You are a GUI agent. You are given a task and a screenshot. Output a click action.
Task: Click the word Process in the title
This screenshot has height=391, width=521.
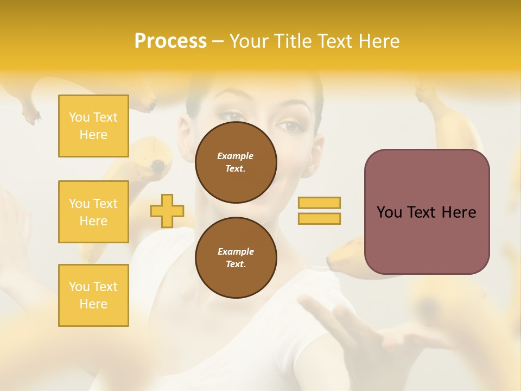point(170,41)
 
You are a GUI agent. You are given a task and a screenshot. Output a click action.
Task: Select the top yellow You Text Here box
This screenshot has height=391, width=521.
point(93,126)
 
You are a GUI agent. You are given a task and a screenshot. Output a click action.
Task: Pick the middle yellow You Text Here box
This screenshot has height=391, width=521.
point(93,212)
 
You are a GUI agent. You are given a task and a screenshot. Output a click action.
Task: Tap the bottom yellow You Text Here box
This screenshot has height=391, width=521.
point(93,295)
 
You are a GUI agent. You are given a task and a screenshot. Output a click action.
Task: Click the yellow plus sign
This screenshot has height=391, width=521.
point(167,211)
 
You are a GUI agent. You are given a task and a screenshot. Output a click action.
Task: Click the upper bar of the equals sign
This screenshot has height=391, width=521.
point(319,203)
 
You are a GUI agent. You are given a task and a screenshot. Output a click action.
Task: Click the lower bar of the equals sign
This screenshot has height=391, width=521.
point(319,218)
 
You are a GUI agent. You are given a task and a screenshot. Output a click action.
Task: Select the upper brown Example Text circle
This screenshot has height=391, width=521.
point(236,162)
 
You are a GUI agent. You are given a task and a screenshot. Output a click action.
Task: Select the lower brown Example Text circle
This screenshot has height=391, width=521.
point(236,257)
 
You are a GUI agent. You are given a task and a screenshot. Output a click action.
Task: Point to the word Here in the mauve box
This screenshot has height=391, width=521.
point(459,212)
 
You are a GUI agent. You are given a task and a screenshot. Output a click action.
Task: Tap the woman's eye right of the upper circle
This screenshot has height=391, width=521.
point(291,126)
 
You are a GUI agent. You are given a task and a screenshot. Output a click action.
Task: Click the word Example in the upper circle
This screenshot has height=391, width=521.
point(236,156)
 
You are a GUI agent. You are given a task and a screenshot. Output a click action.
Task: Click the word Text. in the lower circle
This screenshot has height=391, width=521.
point(236,264)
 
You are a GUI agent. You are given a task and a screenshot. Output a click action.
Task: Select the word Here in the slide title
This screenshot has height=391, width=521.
point(379,41)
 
